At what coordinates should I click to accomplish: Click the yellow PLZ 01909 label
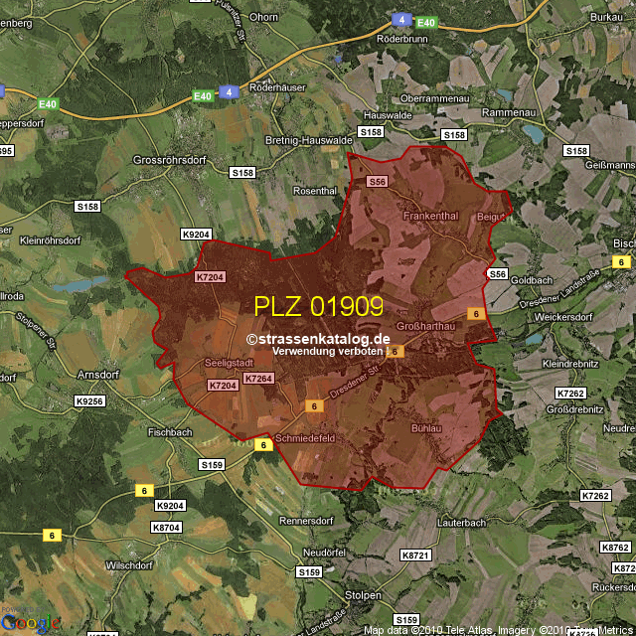coord(318,306)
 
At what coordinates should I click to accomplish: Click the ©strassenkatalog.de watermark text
coord(318,339)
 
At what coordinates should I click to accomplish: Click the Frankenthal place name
coord(430,216)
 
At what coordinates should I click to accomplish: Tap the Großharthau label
coord(424,327)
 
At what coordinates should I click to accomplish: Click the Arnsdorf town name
coord(100,375)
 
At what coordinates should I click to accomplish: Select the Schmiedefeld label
coord(305,438)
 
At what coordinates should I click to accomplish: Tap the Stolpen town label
coord(363,594)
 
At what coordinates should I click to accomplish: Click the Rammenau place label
coord(508,113)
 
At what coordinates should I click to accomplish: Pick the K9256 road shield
coord(89,401)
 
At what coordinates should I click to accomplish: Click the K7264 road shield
coord(257,379)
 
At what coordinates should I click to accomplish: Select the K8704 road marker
coord(166,528)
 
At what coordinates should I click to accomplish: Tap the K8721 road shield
coord(415,555)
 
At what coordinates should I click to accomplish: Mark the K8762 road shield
coord(615,548)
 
